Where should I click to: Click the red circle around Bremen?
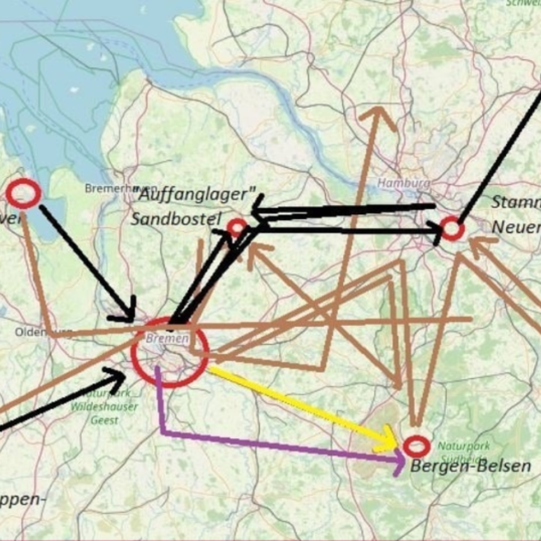(x=169, y=352)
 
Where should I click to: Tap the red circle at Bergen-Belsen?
(x=416, y=446)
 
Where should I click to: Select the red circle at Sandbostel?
(x=237, y=228)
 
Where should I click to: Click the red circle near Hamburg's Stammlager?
(x=452, y=229)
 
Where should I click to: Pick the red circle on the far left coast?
(x=24, y=193)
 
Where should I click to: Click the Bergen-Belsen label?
(x=470, y=467)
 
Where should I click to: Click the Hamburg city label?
(x=403, y=183)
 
